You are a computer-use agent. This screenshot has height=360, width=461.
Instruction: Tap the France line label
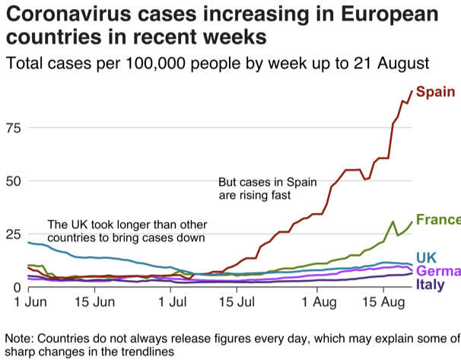pyautogui.click(x=438, y=220)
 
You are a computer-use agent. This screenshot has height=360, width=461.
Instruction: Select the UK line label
pyautogui.click(x=427, y=257)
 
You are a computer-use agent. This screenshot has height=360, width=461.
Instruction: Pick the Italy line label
pyautogui.click(x=431, y=285)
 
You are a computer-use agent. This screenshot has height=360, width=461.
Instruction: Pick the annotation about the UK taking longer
pyautogui.click(x=126, y=231)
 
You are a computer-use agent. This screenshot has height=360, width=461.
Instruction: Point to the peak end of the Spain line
pyautogui.click(x=412, y=91)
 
